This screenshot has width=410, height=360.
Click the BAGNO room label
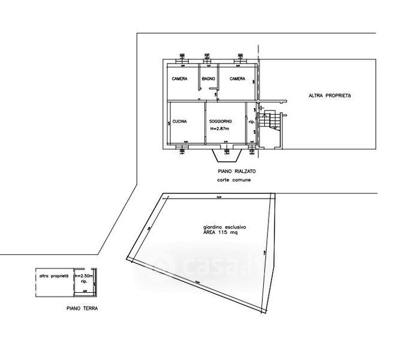(208, 80)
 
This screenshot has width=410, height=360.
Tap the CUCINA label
(180, 122)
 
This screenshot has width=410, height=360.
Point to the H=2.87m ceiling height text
(220, 128)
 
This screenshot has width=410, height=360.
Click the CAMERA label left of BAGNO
(179, 80)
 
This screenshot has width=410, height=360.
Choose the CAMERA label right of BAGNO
(236, 80)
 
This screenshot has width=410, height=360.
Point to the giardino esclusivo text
(224, 228)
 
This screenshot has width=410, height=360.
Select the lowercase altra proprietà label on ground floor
(53, 276)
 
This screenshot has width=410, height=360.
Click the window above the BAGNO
(207, 58)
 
